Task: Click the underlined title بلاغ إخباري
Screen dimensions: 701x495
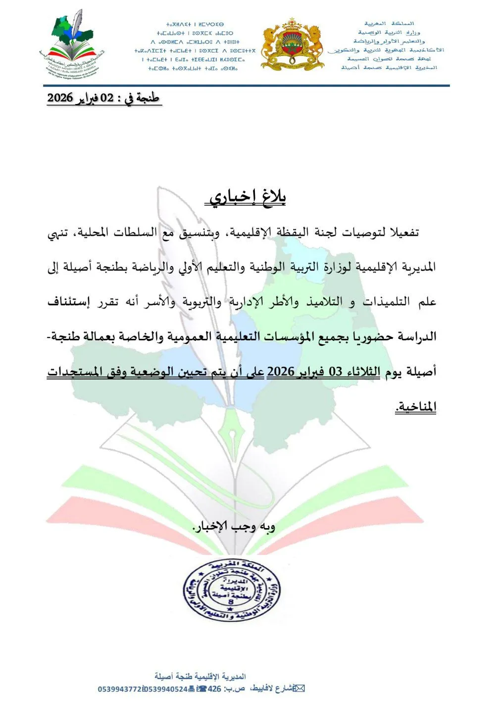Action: coord(246,198)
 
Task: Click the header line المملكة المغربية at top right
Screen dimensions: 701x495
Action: coord(390,23)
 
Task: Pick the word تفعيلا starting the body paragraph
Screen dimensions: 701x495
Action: coord(404,233)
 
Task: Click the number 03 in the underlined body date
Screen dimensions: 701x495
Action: coord(336,372)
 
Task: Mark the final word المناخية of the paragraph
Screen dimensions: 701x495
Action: coord(416,407)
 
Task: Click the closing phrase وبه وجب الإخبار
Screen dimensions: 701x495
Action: coord(233,527)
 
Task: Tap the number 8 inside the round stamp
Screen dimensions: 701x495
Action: coord(231,602)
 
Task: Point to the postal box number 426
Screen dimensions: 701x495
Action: coord(214,689)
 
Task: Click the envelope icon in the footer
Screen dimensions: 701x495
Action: coord(299,689)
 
